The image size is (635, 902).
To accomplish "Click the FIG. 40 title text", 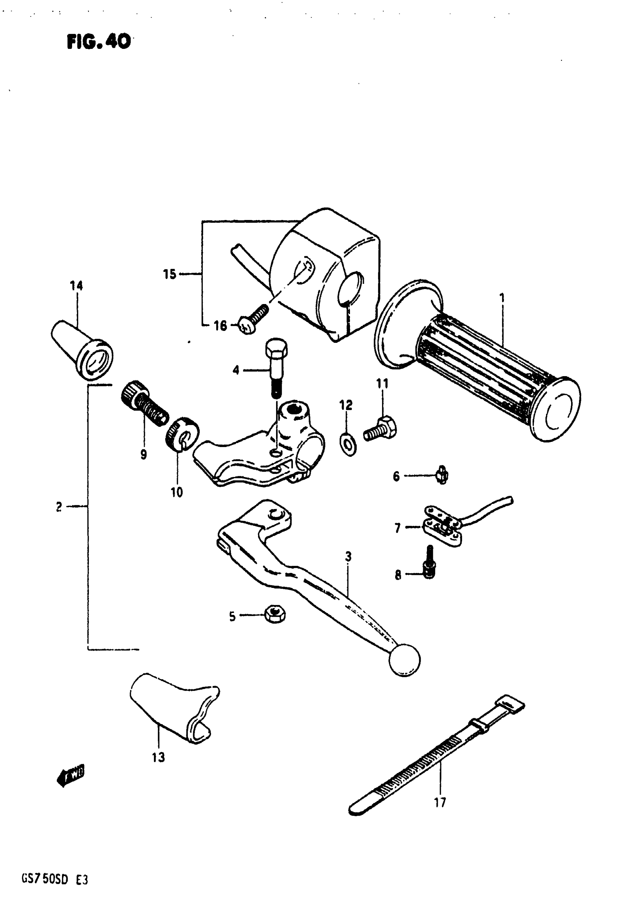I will click(x=99, y=41).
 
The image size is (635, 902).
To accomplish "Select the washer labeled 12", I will click(x=348, y=445).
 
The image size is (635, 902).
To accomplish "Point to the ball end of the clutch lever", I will click(x=404, y=660).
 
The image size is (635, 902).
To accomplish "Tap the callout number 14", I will click(x=77, y=286).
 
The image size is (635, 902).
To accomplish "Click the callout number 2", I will click(x=59, y=507).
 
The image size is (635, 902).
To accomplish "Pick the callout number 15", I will click(x=170, y=274).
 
